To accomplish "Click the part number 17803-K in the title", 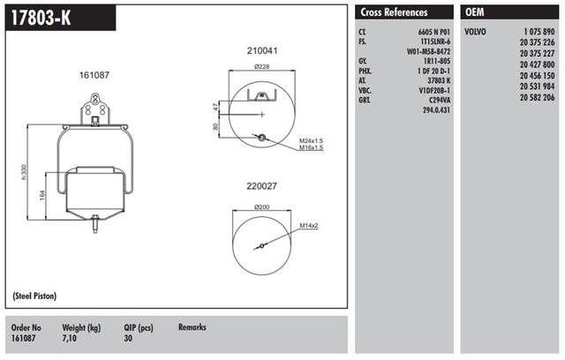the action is coord(41,18).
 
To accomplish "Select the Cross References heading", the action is coord(394,12).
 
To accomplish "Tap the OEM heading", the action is coord(475,12).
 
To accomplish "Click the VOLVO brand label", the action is coord(475,32).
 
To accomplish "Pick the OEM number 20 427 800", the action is coord(537,64).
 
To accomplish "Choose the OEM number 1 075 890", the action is coord(539,32).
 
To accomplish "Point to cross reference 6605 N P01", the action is coord(433,32).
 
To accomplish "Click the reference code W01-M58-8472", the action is coord(428,51).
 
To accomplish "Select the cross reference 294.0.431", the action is coord(436,109).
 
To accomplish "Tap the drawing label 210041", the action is coord(262,51).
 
